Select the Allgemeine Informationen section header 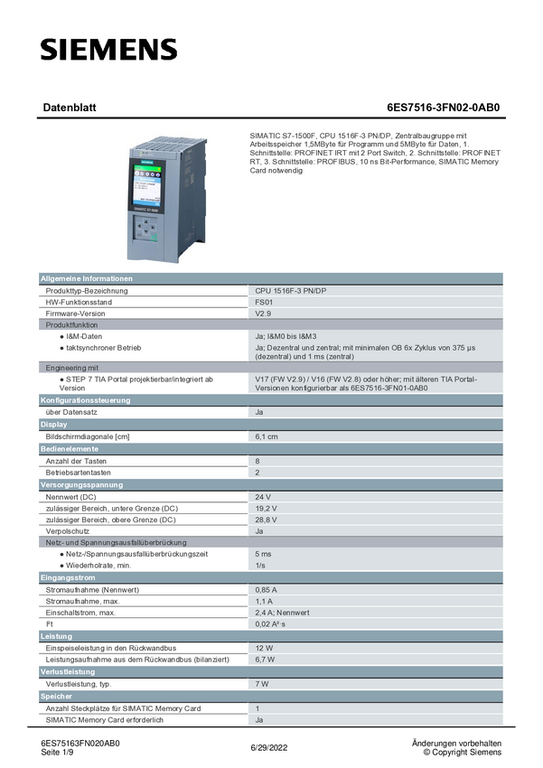[x=87, y=278]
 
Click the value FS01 [x=264, y=302]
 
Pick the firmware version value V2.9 [x=263, y=314]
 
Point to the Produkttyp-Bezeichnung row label [x=87, y=291]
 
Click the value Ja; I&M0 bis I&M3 [x=294, y=336]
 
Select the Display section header [x=53, y=424]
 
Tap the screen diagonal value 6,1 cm [x=267, y=436]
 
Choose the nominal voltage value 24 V [x=263, y=497]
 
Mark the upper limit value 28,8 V [x=266, y=520]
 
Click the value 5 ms [x=263, y=553]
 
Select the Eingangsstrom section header [x=68, y=576]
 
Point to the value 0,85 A [x=266, y=589]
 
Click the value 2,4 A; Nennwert [x=283, y=613]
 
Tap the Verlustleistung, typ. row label [x=84, y=684]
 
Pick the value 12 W [x=264, y=648]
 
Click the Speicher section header [x=56, y=697]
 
